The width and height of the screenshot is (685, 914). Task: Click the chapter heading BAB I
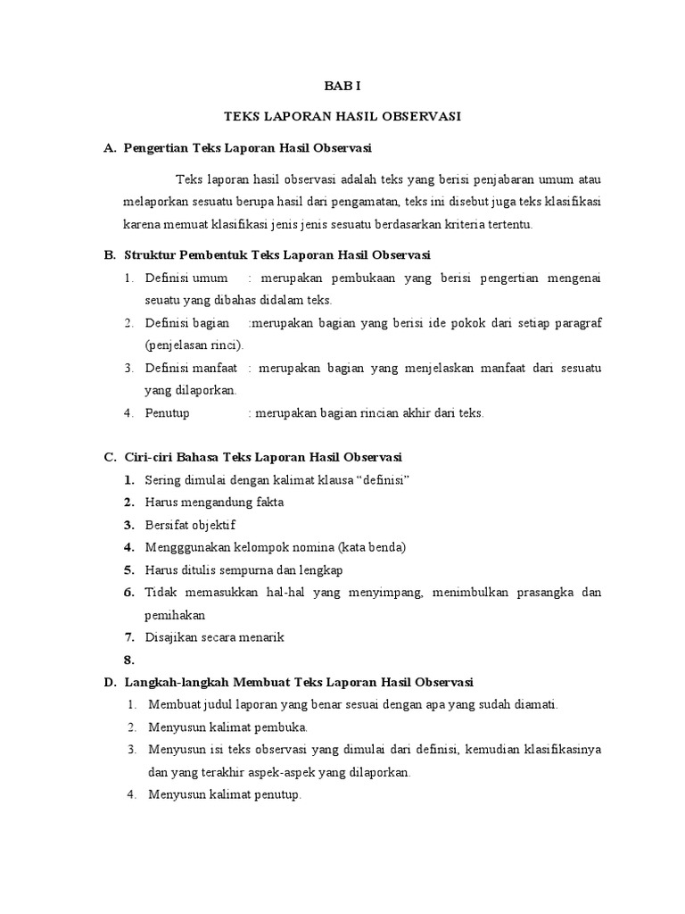342,87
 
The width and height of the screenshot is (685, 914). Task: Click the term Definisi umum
186,278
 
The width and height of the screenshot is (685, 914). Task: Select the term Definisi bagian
187,321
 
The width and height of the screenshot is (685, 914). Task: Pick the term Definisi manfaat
190,367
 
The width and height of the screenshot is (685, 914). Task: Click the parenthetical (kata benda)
349,547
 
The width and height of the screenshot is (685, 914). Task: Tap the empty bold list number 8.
128,660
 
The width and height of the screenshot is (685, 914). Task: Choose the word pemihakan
175,614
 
